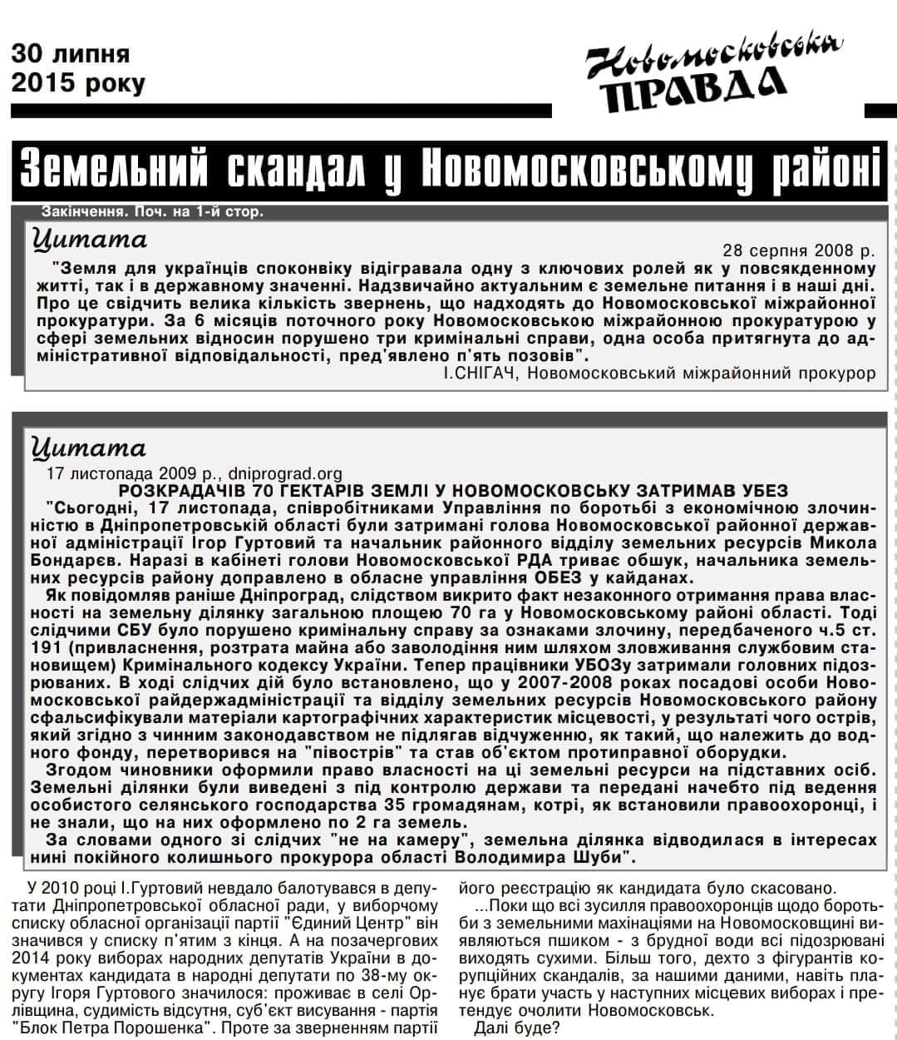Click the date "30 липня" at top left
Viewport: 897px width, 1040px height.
coord(71,54)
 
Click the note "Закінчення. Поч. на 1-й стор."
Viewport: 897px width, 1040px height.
coord(152,211)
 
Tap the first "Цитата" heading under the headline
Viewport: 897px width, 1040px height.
coord(89,240)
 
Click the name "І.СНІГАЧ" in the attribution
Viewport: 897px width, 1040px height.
coord(481,374)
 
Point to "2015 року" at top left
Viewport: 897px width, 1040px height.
coord(78,83)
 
